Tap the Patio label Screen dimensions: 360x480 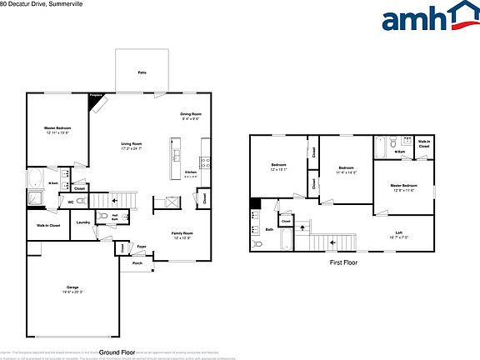click(142, 73)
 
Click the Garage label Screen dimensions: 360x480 click(72, 287)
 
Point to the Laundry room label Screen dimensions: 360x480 click(82, 222)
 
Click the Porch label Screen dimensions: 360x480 click(137, 264)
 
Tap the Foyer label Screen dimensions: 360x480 click(142, 247)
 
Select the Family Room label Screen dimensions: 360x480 click(182, 232)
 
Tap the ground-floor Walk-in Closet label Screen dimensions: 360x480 click(47, 226)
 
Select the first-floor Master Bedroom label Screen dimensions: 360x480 click(404, 186)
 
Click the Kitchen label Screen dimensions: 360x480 click(191, 172)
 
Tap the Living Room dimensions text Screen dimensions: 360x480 click(132, 148)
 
